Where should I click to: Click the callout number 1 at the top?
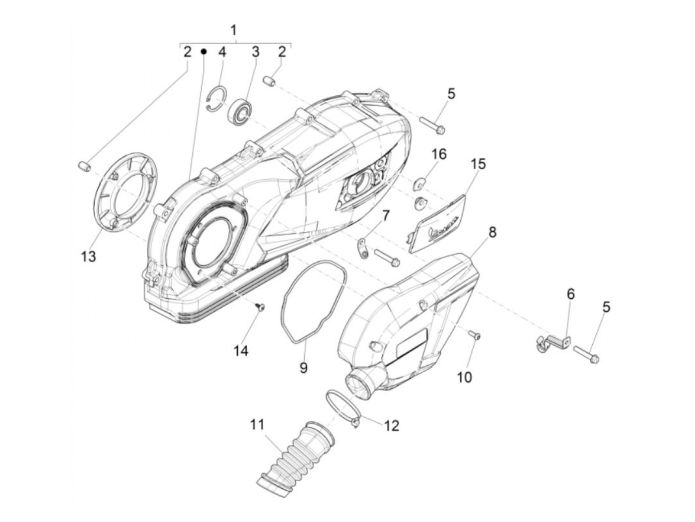[234, 30]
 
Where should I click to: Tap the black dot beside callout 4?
[203, 51]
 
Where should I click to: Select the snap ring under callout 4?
[216, 99]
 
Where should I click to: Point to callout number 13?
[88, 257]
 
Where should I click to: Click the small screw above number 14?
[260, 308]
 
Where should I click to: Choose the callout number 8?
[492, 232]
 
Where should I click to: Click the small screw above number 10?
[475, 336]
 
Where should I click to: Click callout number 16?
[439, 154]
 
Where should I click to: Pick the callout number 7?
[386, 216]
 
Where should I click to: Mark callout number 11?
[257, 425]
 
